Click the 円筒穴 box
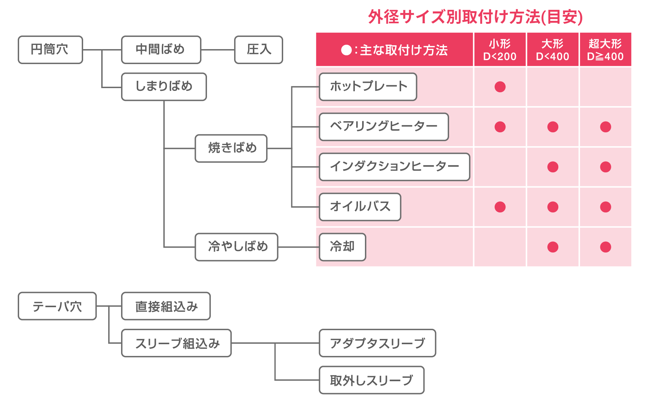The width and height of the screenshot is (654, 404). tap(50, 50)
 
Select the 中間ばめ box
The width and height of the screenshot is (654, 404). tap(161, 50)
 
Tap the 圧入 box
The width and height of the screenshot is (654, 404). tap(258, 50)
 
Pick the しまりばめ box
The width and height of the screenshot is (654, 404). tap(164, 87)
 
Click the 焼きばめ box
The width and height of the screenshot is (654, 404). tap(231, 148)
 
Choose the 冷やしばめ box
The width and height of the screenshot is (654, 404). tap(237, 247)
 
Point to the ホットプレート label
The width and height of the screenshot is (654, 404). tap(368, 87)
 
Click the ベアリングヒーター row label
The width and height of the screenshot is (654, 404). tap(384, 127)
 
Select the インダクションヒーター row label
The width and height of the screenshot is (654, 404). tap(394, 167)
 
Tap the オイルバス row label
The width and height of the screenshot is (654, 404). tap(360, 207)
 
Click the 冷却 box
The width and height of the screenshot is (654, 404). tap(342, 247)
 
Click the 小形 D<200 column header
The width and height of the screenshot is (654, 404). tap(500, 50)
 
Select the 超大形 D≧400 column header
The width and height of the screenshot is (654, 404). tap(605, 50)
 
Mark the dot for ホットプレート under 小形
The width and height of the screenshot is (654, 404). tap(500, 87)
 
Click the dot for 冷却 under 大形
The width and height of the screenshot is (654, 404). tap(553, 247)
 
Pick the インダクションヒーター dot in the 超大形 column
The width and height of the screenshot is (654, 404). tap(605, 167)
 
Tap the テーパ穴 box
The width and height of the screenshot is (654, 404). tap(57, 306)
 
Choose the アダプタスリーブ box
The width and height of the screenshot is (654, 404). tap(377, 343)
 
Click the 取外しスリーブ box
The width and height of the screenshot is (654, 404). tap(372, 380)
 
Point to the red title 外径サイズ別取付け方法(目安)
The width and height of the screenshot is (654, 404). tap(475, 17)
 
